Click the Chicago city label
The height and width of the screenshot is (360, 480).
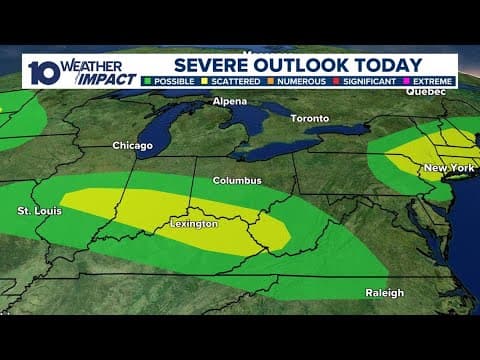(x=132, y=146)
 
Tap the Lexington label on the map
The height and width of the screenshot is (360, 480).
(x=193, y=224)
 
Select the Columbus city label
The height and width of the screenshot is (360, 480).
(x=237, y=181)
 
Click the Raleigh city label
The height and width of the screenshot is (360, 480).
(x=384, y=293)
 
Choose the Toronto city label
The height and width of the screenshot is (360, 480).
(x=309, y=119)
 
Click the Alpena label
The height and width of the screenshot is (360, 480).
(x=231, y=102)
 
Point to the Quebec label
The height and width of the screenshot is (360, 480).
(x=424, y=91)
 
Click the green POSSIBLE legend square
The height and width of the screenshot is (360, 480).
(x=148, y=80)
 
